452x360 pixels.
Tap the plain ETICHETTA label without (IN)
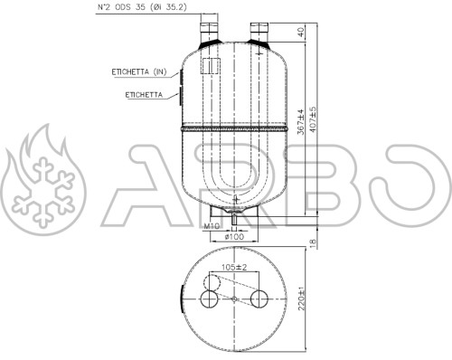(x=138, y=94)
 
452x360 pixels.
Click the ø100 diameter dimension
(x=235, y=237)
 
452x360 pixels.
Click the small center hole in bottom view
(x=235, y=300)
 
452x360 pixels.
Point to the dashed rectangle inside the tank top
(x=210, y=67)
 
